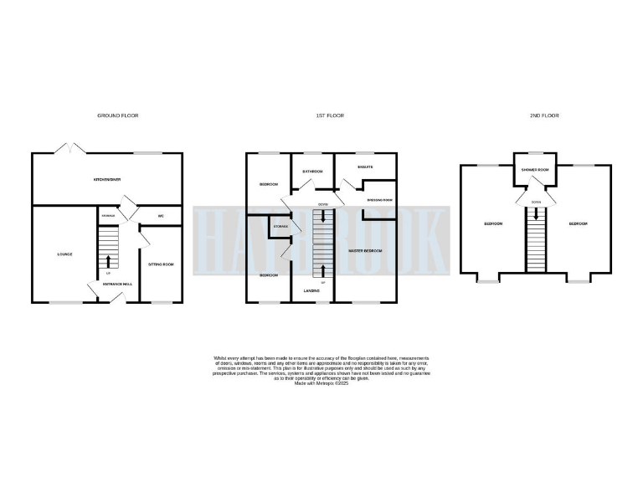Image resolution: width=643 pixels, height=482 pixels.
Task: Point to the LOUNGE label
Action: click(64, 254)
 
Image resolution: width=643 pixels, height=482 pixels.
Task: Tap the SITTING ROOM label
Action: click(160, 264)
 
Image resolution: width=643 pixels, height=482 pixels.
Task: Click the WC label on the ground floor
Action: click(160, 216)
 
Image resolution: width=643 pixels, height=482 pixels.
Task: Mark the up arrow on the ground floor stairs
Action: click(107, 266)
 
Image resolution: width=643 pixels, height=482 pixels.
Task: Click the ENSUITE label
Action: click(365, 167)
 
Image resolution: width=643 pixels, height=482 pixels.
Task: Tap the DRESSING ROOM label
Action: click(379, 200)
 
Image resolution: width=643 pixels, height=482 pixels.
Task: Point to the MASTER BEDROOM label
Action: click(365, 251)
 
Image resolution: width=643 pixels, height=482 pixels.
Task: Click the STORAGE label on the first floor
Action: click(280, 227)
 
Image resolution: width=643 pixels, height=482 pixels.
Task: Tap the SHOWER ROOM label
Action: click(534, 170)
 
